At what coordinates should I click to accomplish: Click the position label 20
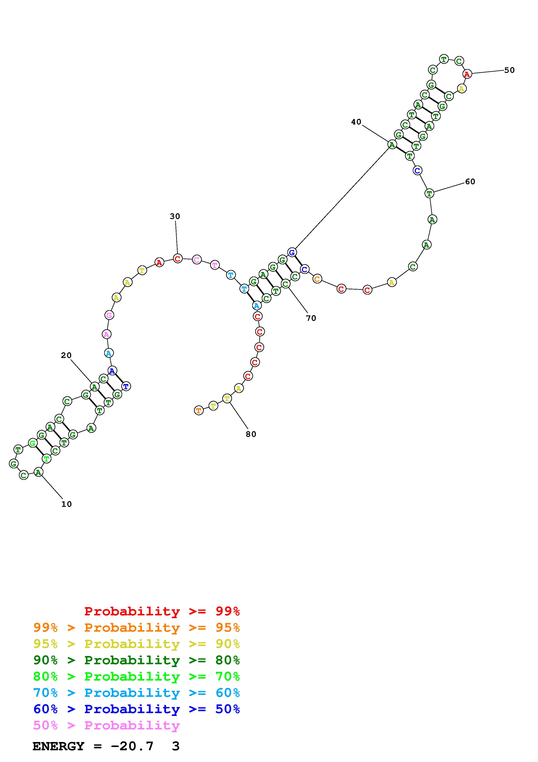pyautogui.click(x=66, y=355)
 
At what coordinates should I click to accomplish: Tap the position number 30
pyautogui.click(x=175, y=216)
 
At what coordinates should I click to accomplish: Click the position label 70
pyautogui.click(x=311, y=318)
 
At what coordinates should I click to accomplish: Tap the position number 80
pyautogui.click(x=251, y=434)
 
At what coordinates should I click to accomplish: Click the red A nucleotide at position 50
pyautogui.click(x=467, y=74)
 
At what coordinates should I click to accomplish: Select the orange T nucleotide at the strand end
pyautogui.click(x=198, y=411)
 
